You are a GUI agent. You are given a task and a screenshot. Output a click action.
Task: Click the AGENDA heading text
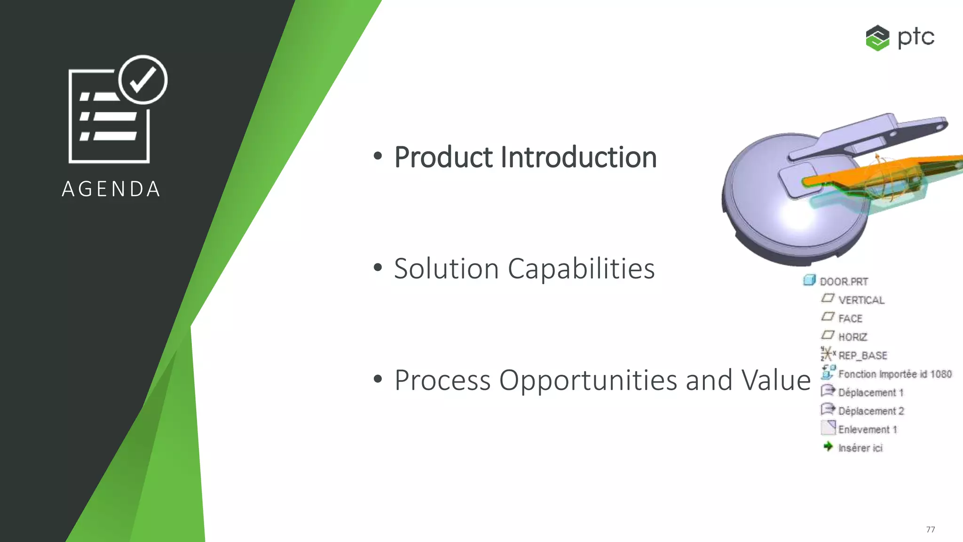111,189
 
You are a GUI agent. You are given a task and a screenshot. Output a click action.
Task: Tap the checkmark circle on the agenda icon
143,80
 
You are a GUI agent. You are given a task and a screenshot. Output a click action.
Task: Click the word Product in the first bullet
443,157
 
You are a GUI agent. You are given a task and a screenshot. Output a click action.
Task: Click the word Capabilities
581,269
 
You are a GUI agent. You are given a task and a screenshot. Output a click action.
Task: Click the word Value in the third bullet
776,380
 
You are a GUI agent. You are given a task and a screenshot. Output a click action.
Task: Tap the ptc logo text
916,37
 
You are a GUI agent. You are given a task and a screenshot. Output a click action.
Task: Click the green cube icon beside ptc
877,38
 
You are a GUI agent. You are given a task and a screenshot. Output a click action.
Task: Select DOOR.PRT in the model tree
844,281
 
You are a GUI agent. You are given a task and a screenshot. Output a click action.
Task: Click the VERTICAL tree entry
861,300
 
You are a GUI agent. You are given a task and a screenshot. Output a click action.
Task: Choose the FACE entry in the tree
850,319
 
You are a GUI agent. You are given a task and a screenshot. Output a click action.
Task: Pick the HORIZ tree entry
852,337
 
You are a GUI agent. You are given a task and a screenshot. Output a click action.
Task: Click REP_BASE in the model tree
862,356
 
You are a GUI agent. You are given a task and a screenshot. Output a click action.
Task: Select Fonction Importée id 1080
894,374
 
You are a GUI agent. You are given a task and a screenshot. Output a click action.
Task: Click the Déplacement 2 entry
871,411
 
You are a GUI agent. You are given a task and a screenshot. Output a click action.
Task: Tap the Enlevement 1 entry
868,430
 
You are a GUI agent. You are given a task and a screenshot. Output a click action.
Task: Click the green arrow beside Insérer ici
828,446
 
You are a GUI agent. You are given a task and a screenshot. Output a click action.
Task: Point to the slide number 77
930,529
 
